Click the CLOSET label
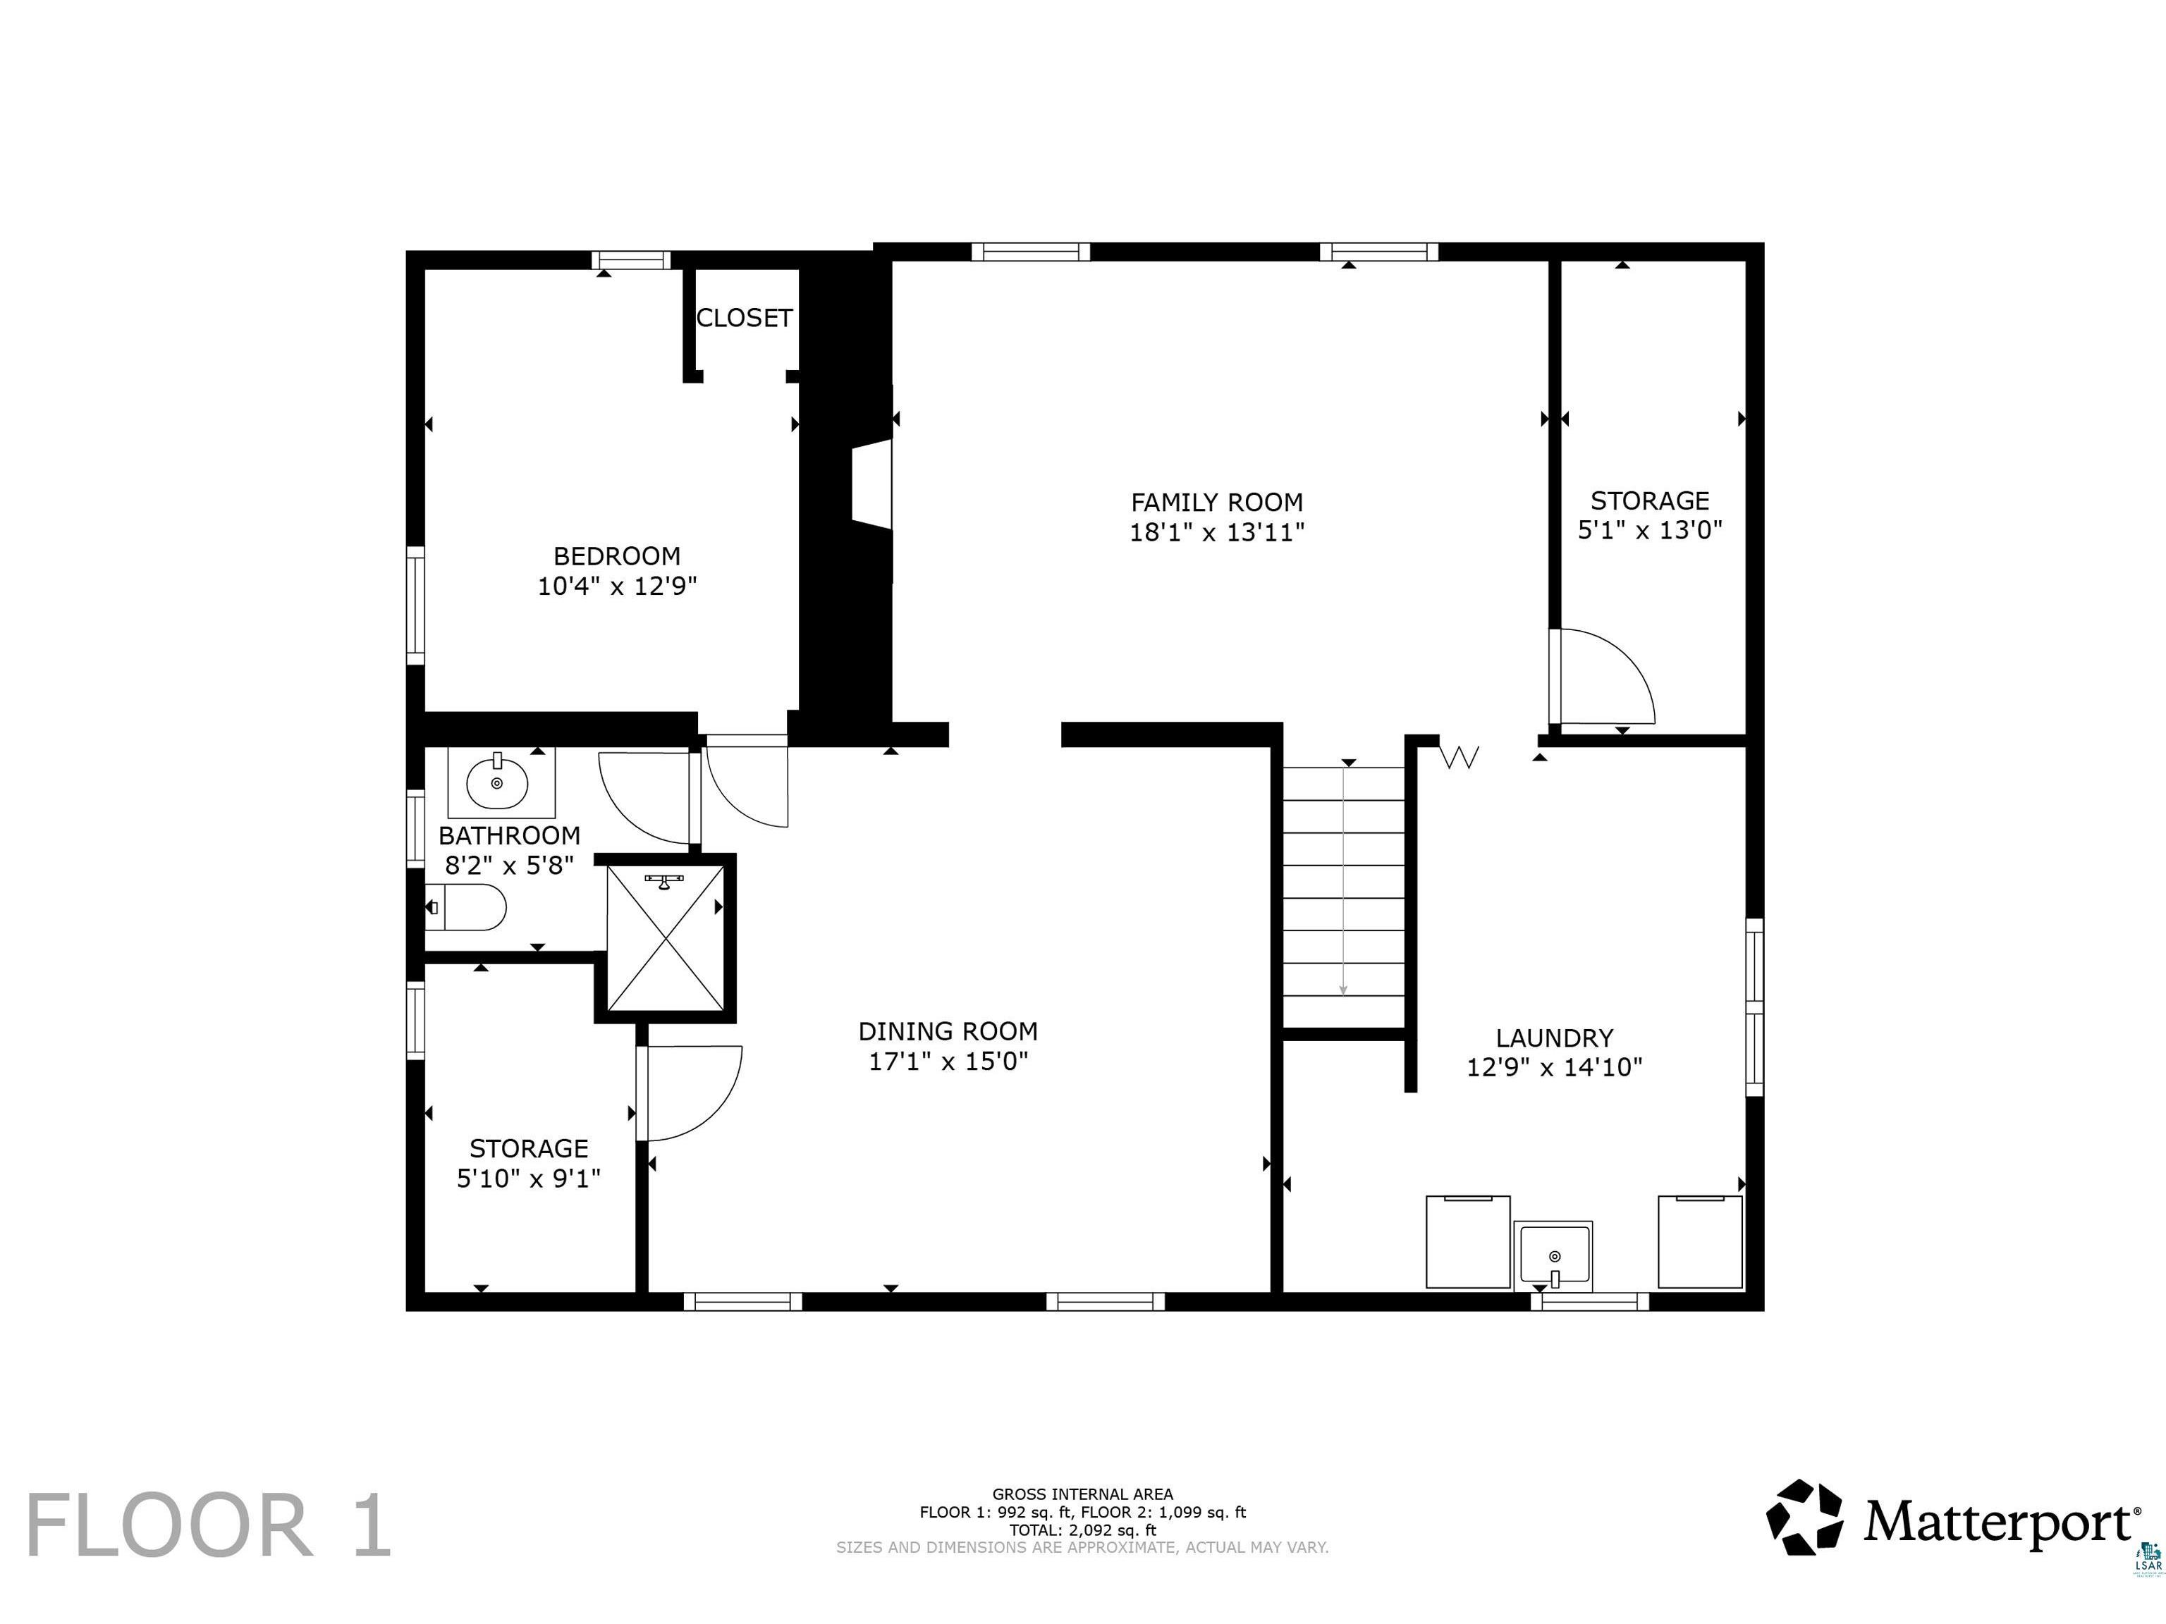(744, 318)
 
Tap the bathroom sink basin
(498, 782)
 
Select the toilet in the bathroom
(466, 907)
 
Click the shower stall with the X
(666, 939)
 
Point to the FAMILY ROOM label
(1217, 502)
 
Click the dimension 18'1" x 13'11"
(1217, 533)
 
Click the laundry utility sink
(1553, 1256)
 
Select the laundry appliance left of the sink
(1468, 1241)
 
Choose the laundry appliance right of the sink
(1700, 1241)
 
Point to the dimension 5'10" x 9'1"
(529, 1178)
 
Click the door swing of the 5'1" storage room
(1602, 677)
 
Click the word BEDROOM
(617, 556)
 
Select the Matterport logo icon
(1805, 1518)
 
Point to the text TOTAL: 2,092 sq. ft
(1083, 1530)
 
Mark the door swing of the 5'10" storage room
(690, 1093)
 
